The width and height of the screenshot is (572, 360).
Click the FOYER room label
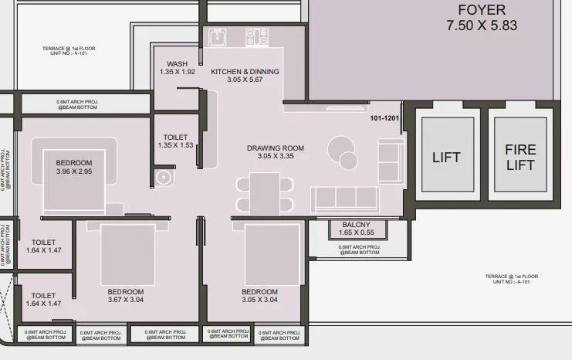click(481, 10)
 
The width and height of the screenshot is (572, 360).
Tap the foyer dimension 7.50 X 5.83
click(481, 25)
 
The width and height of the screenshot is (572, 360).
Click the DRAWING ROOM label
click(276, 148)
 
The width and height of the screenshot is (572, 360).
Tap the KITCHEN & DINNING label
click(245, 72)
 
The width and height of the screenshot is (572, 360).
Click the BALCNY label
click(357, 225)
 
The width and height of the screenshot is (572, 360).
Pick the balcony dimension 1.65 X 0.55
click(357, 233)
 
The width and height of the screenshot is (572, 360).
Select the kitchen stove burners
click(256, 36)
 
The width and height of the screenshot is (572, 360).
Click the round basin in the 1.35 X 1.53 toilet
click(163, 178)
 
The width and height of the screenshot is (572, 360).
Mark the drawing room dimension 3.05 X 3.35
click(276, 157)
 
